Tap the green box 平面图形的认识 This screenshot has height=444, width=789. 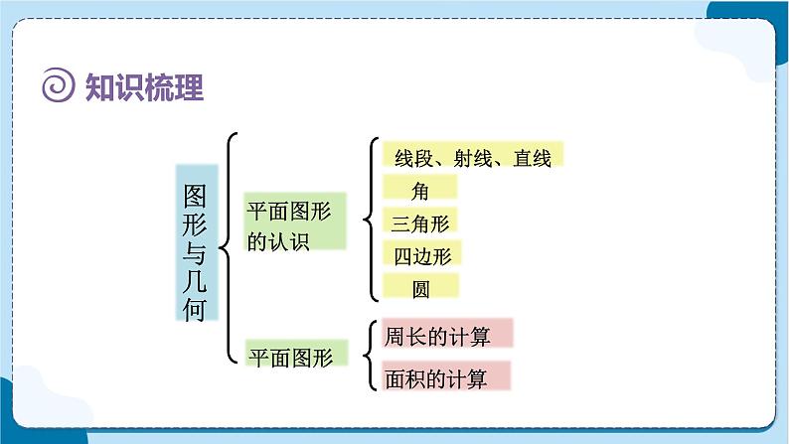click(x=295, y=222)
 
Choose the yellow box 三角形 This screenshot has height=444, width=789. click(x=421, y=222)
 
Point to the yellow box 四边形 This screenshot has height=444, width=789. click(x=421, y=254)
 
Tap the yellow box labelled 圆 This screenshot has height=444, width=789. click(x=420, y=288)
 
